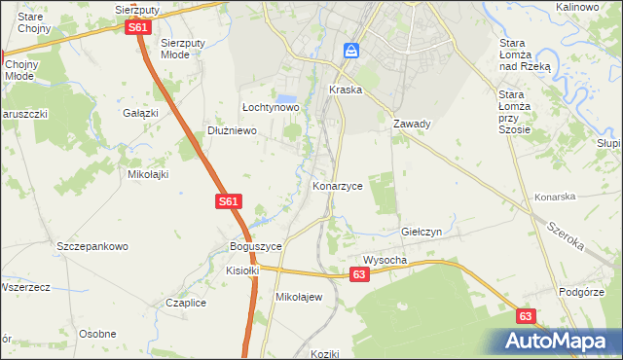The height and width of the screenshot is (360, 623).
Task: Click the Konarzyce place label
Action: tap(337, 185)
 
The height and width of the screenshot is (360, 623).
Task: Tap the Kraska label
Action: tap(346, 90)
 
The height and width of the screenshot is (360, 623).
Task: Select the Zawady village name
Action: tap(412, 125)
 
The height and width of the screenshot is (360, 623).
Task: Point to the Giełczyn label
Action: tap(421, 234)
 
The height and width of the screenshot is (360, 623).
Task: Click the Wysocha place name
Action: tap(385, 261)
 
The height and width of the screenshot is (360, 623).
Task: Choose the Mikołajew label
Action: tap(299, 297)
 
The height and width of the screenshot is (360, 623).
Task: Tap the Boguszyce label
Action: tap(255, 247)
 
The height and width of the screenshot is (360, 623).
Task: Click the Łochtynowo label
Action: tap(270, 108)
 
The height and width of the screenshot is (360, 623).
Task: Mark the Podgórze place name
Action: tap(583, 292)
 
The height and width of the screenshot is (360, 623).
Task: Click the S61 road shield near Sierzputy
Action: tap(138, 28)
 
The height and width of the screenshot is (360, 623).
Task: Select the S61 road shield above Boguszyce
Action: tap(227, 201)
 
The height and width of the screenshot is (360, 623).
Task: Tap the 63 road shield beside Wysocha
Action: tap(360, 276)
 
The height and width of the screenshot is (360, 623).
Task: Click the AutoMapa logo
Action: tap(559, 341)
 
